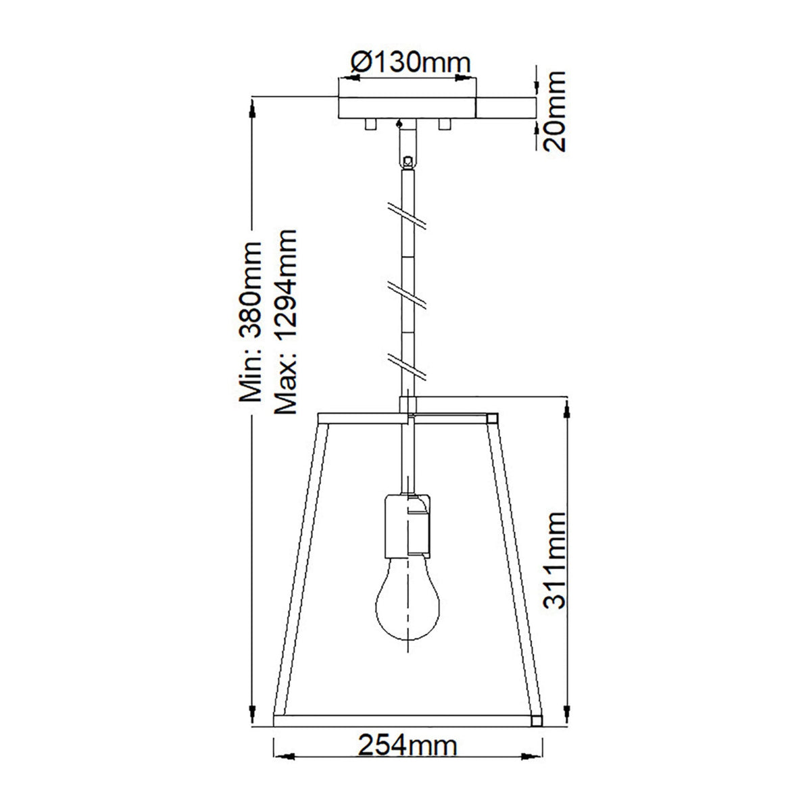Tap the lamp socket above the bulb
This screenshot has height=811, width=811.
[406, 524]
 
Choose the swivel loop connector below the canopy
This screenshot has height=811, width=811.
[407, 162]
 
